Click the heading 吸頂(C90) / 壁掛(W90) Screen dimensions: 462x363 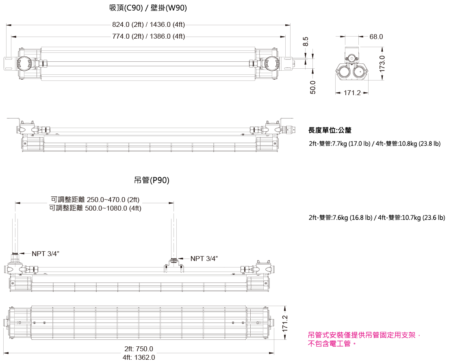148,8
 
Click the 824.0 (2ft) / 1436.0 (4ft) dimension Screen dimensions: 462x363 148,24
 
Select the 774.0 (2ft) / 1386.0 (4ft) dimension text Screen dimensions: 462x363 148,36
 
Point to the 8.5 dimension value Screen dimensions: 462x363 306,41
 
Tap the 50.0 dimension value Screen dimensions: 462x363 313,87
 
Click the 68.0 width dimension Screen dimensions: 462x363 376,37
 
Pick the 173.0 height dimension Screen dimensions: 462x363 382,64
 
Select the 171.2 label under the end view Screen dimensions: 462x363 352,93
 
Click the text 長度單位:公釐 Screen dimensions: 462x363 330,130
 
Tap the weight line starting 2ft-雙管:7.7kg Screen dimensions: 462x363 375,144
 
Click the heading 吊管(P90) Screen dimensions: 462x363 152,180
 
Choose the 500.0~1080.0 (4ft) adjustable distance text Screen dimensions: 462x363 95,208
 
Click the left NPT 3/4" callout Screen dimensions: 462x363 46,254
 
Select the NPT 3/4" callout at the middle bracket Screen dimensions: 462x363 204,259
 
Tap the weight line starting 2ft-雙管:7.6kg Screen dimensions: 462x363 377,218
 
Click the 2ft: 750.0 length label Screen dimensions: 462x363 139,349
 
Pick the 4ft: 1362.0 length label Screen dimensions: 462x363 139,357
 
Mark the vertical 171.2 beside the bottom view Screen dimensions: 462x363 285,324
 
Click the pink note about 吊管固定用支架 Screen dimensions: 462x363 364,339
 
